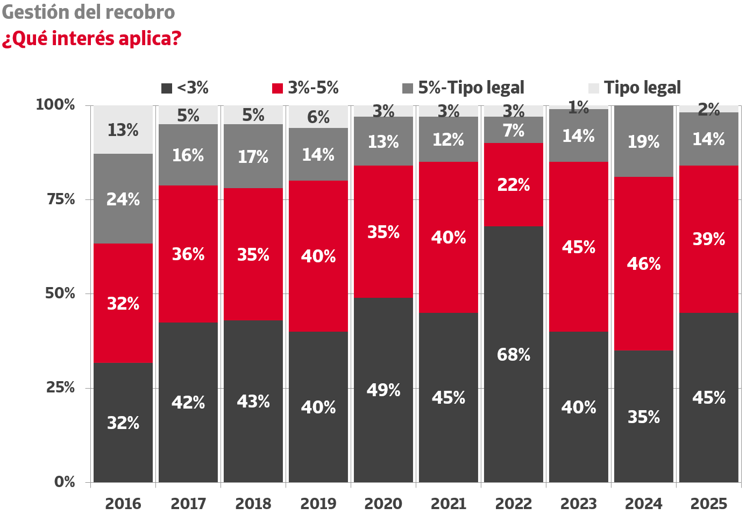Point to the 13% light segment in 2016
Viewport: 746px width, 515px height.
click(123, 130)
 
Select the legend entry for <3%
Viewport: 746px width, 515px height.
click(185, 88)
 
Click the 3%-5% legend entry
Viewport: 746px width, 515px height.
click(305, 88)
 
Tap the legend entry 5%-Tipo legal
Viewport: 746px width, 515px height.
click(463, 88)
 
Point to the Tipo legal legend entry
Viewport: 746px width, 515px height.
click(635, 88)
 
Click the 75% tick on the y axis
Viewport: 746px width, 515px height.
click(61, 199)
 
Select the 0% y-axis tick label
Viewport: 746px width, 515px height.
click(65, 482)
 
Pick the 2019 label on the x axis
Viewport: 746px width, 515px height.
click(318, 504)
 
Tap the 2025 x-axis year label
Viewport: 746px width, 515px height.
click(708, 504)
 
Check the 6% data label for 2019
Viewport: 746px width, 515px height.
click(318, 117)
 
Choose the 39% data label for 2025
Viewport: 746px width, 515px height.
click(708, 239)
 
